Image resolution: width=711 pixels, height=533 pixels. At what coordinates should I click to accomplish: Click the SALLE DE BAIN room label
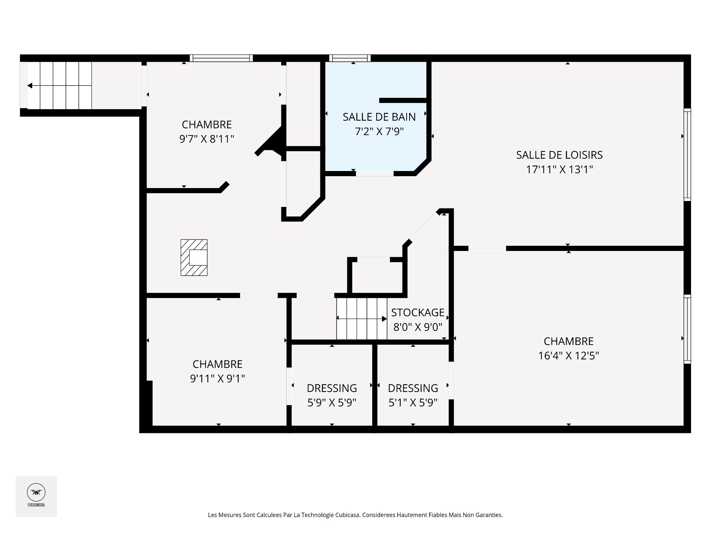tap(379, 117)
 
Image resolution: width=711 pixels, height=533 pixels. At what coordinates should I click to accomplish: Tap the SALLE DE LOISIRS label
tap(560, 155)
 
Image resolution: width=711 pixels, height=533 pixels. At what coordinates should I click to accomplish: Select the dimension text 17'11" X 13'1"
tap(560, 170)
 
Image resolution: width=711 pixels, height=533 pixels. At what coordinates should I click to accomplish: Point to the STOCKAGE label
tap(418, 313)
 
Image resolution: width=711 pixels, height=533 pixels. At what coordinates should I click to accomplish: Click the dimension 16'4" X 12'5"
tap(569, 356)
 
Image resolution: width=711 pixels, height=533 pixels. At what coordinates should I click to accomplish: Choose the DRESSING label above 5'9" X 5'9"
tap(332, 388)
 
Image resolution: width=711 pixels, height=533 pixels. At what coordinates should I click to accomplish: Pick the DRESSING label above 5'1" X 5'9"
tap(413, 388)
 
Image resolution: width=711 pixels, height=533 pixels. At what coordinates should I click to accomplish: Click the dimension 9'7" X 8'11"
tap(207, 139)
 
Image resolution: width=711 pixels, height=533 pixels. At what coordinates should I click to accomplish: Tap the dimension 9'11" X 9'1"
tap(217, 379)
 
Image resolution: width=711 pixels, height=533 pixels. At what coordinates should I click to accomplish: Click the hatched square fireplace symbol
tap(194, 258)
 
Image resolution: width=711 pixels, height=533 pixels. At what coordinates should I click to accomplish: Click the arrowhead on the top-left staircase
tap(30, 86)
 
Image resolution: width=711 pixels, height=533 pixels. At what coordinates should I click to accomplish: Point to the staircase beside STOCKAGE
tap(362, 319)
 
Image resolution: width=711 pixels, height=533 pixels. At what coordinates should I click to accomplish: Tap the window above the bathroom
tap(350, 58)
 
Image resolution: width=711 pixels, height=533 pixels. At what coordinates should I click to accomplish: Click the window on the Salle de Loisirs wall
tap(687, 155)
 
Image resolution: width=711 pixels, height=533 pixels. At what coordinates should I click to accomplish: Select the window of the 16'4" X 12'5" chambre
tap(687, 329)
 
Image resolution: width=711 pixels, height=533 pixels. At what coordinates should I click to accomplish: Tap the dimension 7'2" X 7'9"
tap(379, 131)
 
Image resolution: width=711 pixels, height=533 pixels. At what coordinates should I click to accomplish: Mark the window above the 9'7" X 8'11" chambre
tap(221, 58)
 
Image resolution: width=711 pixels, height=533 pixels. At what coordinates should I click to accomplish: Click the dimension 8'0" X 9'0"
tap(418, 327)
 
